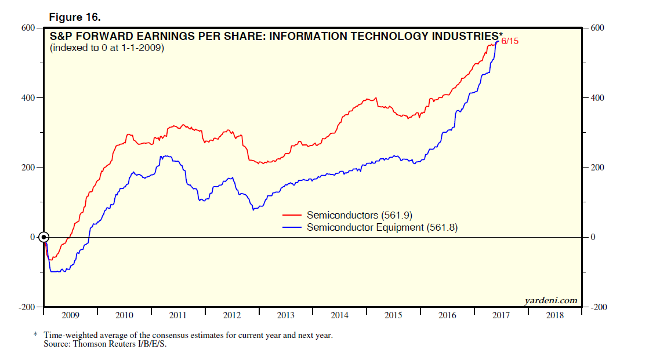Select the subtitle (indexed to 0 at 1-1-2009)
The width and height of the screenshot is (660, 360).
pyautogui.click(x=107, y=48)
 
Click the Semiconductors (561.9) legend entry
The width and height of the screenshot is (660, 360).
pyautogui.click(x=359, y=215)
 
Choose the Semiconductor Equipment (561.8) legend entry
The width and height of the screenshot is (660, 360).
pyautogui.click(x=382, y=228)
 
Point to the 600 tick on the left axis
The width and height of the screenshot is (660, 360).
pyautogui.click(x=28, y=28)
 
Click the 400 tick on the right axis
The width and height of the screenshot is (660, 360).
pyautogui.click(x=597, y=98)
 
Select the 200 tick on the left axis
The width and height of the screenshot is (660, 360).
pyautogui.click(x=28, y=168)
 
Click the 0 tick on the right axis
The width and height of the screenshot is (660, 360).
pyautogui.click(x=593, y=237)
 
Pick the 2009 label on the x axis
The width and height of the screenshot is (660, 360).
pyautogui.click(x=70, y=316)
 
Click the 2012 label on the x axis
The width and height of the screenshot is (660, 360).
pyautogui.click(x=232, y=316)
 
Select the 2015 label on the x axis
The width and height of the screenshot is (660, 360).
pyautogui.click(x=394, y=316)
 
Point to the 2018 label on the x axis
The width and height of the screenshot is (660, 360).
pyautogui.click(x=555, y=316)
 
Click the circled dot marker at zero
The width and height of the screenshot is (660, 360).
pyautogui.click(x=44, y=237)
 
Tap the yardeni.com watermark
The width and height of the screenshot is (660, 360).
pyautogui.click(x=550, y=300)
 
